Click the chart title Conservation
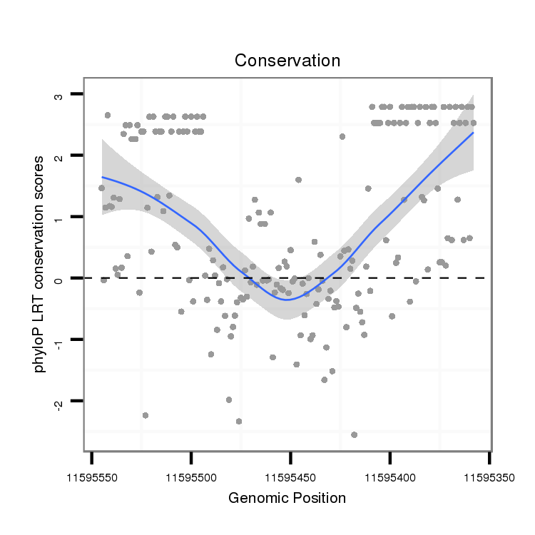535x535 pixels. pos(287,61)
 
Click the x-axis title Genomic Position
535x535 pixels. pos(287,498)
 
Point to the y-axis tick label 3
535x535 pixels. pos(59,95)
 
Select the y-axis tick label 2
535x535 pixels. pos(59,156)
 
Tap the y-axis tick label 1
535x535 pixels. pos(59,218)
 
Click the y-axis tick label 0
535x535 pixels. pos(59,279)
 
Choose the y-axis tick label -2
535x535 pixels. pos(59,402)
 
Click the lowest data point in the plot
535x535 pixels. pos(354,434)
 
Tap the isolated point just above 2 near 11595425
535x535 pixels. pos(342,136)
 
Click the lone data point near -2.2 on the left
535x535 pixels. pos(146,415)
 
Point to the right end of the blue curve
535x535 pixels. pos(473,133)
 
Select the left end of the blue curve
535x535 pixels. pos(102,177)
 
